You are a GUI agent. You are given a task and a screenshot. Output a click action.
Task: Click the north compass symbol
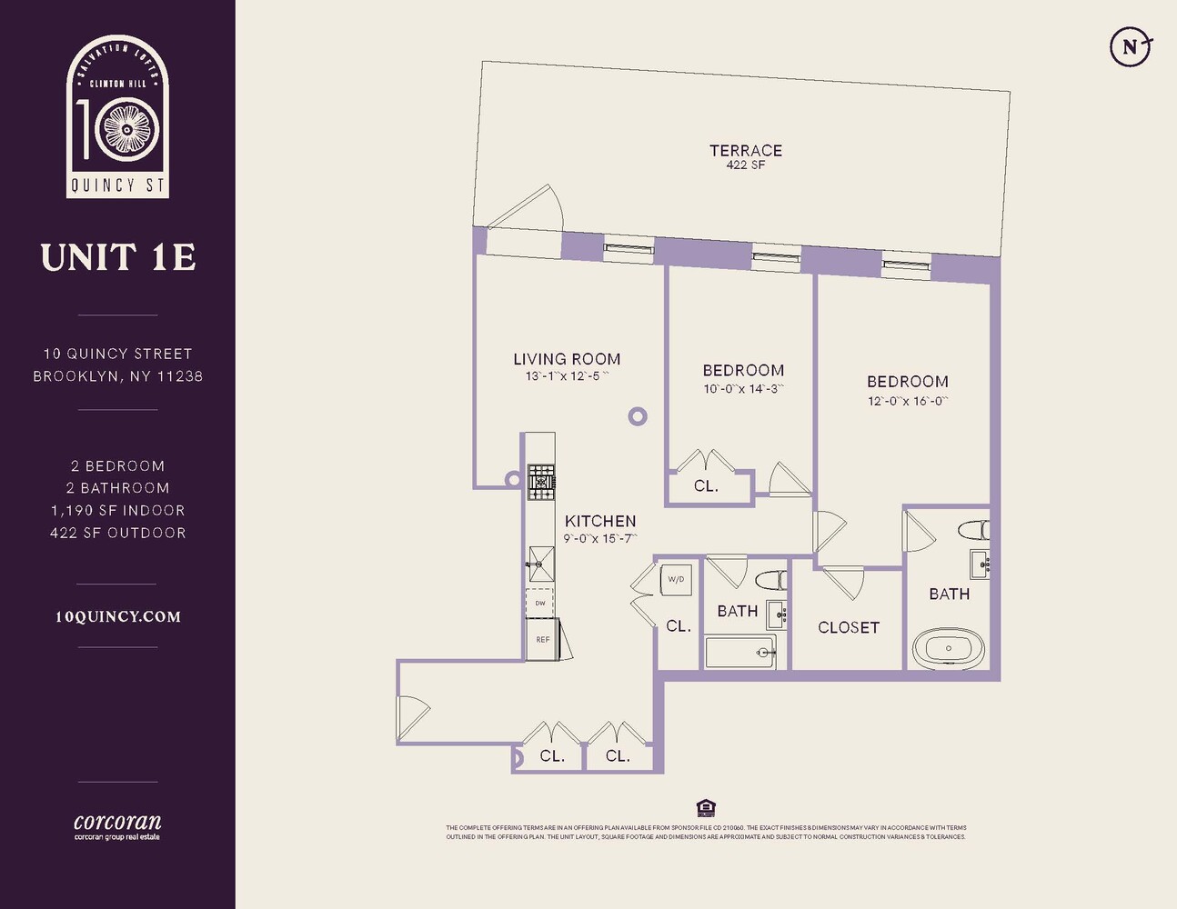click(1131, 46)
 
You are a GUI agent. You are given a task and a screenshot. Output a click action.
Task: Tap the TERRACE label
click(745, 151)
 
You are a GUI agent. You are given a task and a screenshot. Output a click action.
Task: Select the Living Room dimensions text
click(567, 376)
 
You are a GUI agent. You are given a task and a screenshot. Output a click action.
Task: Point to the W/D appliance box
click(676, 579)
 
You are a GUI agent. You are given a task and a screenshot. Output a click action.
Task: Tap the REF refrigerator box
click(542, 639)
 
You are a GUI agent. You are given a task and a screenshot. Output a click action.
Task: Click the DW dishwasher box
click(540, 603)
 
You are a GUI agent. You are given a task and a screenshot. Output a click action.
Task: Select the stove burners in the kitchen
click(541, 482)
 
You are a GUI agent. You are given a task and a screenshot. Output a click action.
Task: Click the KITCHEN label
click(599, 521)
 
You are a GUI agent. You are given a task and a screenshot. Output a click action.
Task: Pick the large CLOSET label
click(848, 627)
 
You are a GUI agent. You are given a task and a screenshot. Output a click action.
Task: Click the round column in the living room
click(638, 416)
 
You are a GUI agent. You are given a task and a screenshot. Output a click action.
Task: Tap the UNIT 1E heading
click(118, 257)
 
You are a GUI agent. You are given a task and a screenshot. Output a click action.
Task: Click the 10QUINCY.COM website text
click(118, 616)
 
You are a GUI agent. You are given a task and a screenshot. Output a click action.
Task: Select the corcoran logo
click(117, 825)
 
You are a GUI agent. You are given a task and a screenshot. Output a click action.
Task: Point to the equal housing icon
click(705, 808)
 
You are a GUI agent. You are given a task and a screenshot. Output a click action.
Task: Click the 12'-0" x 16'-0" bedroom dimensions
click(907, 401)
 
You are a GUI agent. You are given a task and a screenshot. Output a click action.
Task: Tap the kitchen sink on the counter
click(540, 563)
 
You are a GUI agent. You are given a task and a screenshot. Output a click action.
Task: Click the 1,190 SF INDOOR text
click(118, 511)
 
